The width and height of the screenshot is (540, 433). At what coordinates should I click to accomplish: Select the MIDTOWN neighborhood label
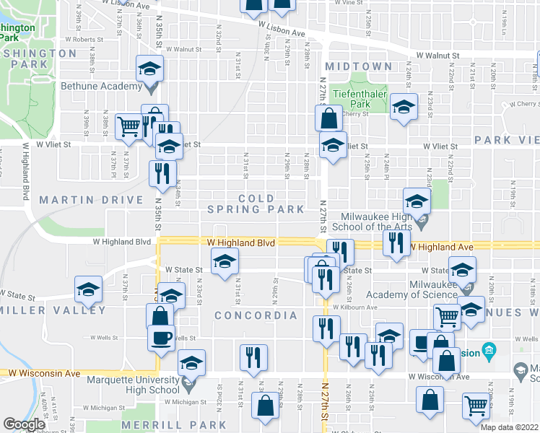(359, 66)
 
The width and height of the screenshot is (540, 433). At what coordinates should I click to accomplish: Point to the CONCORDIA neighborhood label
(256, 315)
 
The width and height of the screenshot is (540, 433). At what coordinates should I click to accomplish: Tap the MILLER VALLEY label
(53, 310)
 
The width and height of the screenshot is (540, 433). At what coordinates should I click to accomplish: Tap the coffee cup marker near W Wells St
(162, 336)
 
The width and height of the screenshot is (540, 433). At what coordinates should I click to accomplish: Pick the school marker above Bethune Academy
(150, 69)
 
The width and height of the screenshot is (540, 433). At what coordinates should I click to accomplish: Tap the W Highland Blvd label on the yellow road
(241, 243)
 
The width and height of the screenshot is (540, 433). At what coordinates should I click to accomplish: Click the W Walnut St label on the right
(438, 55)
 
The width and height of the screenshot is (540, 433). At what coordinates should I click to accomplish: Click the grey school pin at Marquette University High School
(190, 381)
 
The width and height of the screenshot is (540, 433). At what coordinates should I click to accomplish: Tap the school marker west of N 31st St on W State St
(225, 261)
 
